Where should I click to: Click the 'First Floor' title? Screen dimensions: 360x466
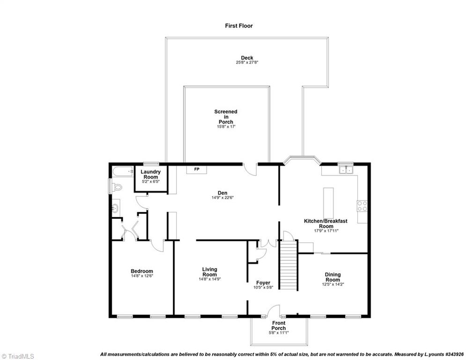pyautogui.click(x=238, y=26)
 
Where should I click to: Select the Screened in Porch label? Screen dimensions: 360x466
pyautogui.click(x=226, y=117)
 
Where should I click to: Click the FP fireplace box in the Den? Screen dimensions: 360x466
pyautogui.click(x=197, y=169)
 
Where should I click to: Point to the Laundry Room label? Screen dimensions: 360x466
pyautogui.click(x=151, y=174)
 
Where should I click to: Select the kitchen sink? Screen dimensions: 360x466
pyautogui.click(x=346, y=169)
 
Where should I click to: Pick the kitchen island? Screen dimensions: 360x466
pyautogui.click(x=328, y=201)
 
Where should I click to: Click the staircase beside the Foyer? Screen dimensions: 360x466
pyautogui.click(x=288, y=265)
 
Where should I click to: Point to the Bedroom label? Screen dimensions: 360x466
pyautogui.click(x=141, y=271)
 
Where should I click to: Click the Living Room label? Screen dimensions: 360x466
pyautogui.click(x=209, y=272)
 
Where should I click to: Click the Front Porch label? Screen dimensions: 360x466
pyautogui.click(x=279, y=326)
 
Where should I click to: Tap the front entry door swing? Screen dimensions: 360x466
pyautogui.click(x=274, y=311)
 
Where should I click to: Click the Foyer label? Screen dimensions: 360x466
pyautogui.click(x=263, y=283)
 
